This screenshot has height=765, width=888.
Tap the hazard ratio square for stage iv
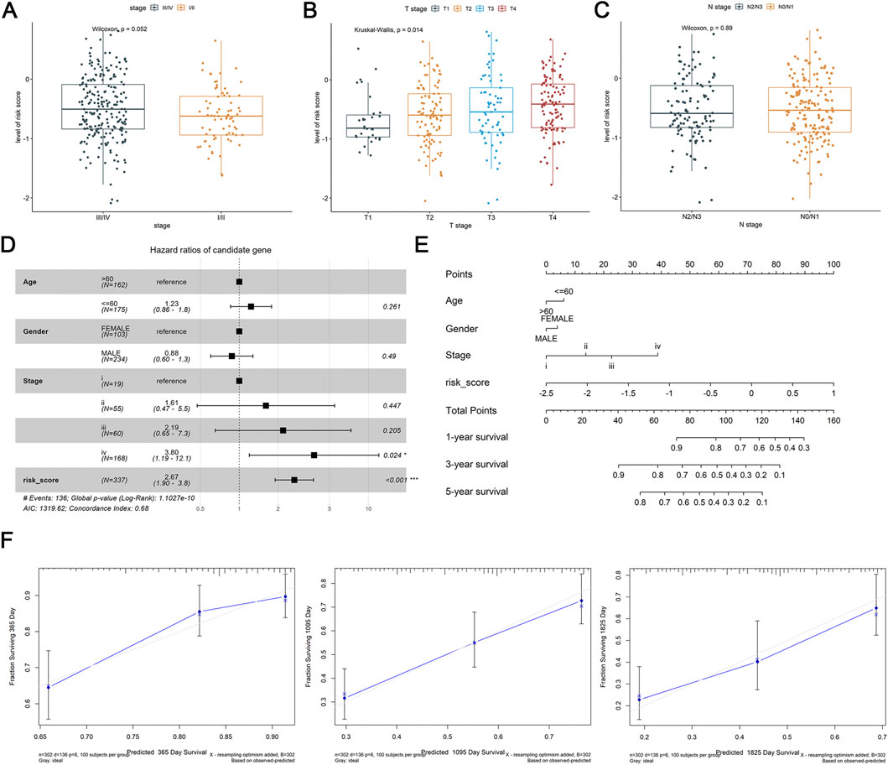pyautogui.click(x=314, y=455)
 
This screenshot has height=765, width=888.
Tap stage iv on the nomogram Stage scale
pyautogui.click(x=657, y=345)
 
